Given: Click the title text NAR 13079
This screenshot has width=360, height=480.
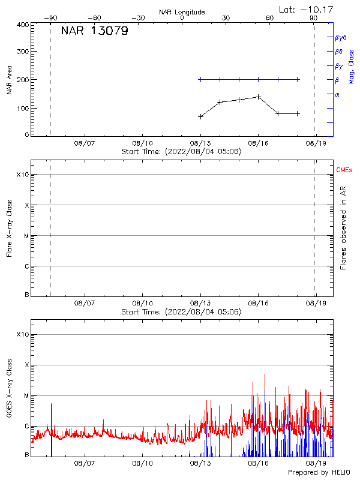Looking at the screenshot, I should coord(94,31).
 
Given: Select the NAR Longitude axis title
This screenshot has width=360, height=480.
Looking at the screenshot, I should coord(182,12).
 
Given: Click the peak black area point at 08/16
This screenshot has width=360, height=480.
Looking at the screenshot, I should coord(259,97).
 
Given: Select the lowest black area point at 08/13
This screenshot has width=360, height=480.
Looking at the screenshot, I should coord(200,116).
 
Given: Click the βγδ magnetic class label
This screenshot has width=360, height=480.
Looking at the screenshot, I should coord(341,37).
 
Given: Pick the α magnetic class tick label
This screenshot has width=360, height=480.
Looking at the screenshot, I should coord(337,94).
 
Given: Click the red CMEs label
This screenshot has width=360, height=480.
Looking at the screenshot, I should coord(345,171).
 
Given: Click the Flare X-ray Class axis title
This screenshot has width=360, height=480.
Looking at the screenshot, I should coord(9,232).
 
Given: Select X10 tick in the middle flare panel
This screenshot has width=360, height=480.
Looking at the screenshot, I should coord(23,175).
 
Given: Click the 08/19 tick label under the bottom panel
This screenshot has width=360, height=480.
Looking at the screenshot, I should coord(316,463).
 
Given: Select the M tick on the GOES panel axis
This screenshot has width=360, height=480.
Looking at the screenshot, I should coord(26,396).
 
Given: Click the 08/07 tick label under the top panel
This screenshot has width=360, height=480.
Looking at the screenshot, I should coord(85,143).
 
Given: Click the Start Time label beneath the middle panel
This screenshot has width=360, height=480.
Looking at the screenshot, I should coord(181,312).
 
